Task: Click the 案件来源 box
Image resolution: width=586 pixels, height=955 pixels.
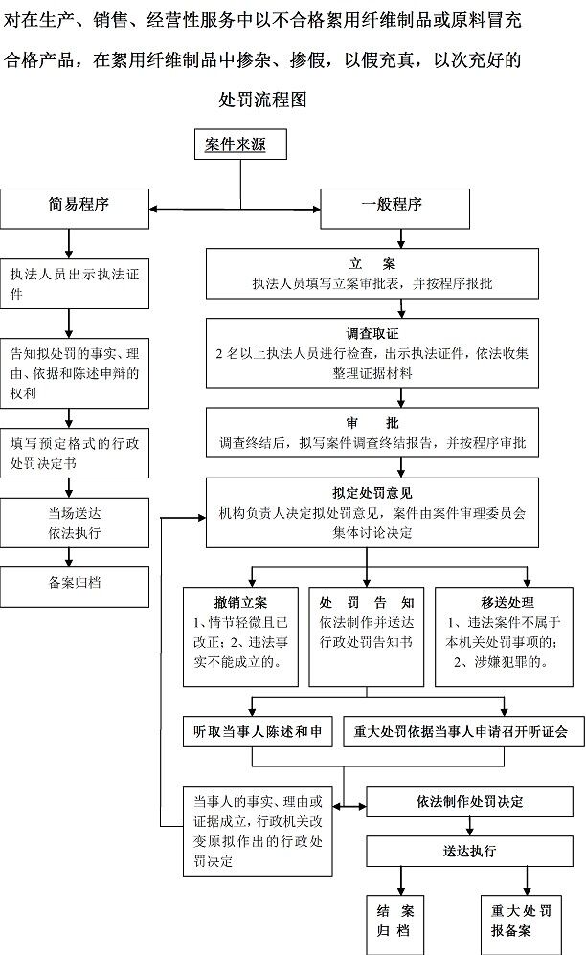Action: pyautogui.click(x=236, y=145)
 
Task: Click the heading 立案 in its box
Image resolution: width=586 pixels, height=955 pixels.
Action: pyautogui.click(x=372, y=263)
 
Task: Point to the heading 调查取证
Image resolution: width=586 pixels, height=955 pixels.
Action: pyautogui.click(x=372, y=334)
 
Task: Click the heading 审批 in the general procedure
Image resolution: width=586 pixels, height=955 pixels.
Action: pyautogui.click(x=372, y=423)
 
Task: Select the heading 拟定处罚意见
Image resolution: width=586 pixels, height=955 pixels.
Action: pyautogui.click(x=372, y=493)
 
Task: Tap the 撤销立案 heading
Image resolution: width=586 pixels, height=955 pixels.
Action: pyautogui.click(x=241, y=603)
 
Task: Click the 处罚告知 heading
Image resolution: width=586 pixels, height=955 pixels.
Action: pyautogui.click(x=368, y=603)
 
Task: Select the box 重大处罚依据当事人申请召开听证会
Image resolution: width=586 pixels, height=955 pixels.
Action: pyautogui.click(x=447, y=732)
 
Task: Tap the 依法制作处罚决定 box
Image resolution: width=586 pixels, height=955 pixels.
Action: pyautogui.click(x=469, y=801)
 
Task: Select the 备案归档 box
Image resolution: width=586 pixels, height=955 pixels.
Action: pyautogui.click(x=75, y=581)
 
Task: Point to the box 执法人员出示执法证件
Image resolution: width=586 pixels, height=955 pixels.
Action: pyautogui.click(x=75, y=283)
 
